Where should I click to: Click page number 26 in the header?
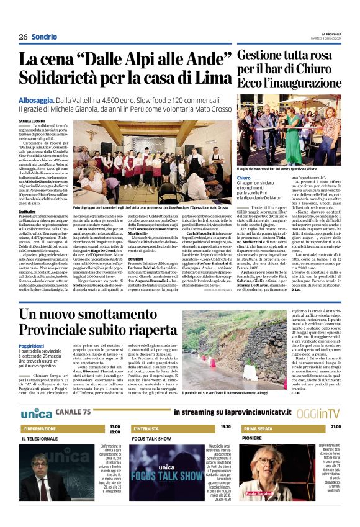pyautogui.click(x=23, y=37)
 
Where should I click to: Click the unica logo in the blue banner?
pyautogui.click(x=37, y=395)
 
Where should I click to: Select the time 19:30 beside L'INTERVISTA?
pyautogui.click(x=225, y=410)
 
